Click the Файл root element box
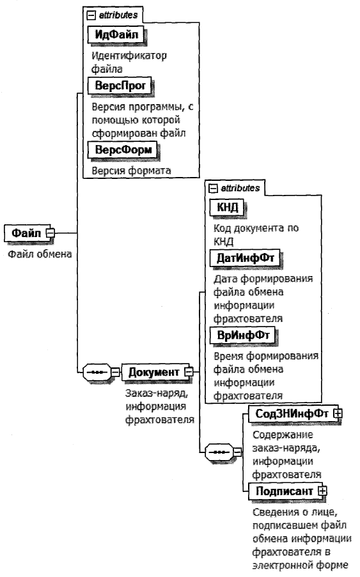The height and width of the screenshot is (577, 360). click(x=26, y=234)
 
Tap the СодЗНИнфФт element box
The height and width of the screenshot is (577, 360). click(x=286, y=413)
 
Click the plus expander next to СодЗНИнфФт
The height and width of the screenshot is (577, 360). click(x=337, y=414)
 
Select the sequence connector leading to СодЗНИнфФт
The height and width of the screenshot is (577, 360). click(x=217, y=452)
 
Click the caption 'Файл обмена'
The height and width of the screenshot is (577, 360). click(x=38, y=254)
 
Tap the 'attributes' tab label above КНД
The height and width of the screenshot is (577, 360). click(x=239, y=188)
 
